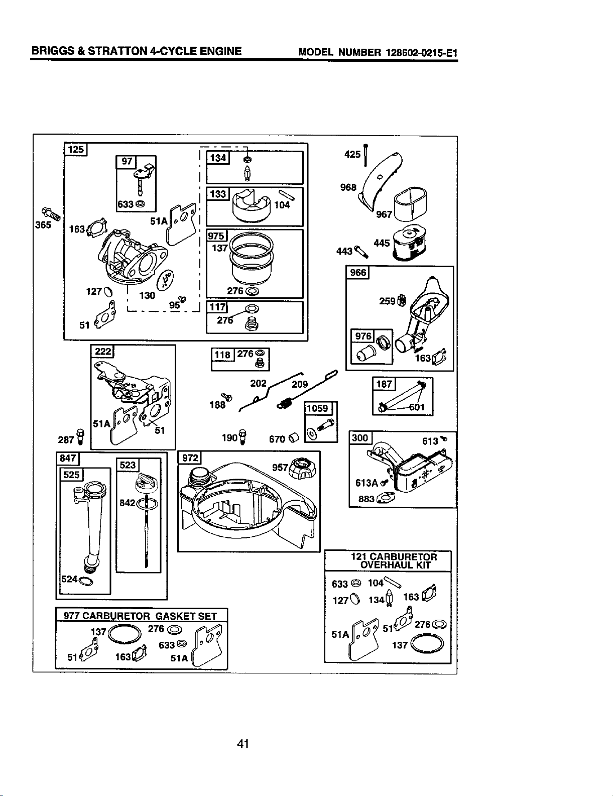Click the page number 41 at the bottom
tap(243, 743)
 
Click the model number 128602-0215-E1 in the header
tap(422, 52)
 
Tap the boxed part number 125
tap(76, 150)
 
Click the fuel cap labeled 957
tap(303, 469)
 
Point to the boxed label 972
tap(190, 458)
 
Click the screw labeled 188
tap(226, 397)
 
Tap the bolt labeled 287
tap(80, 436)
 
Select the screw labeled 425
tap(366, 155)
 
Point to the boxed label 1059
tap(318, 408)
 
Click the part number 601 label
tap(417, 407)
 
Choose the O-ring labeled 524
tap(86, 582)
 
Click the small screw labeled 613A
tap(384, 483)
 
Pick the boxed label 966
tap(358, 273)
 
